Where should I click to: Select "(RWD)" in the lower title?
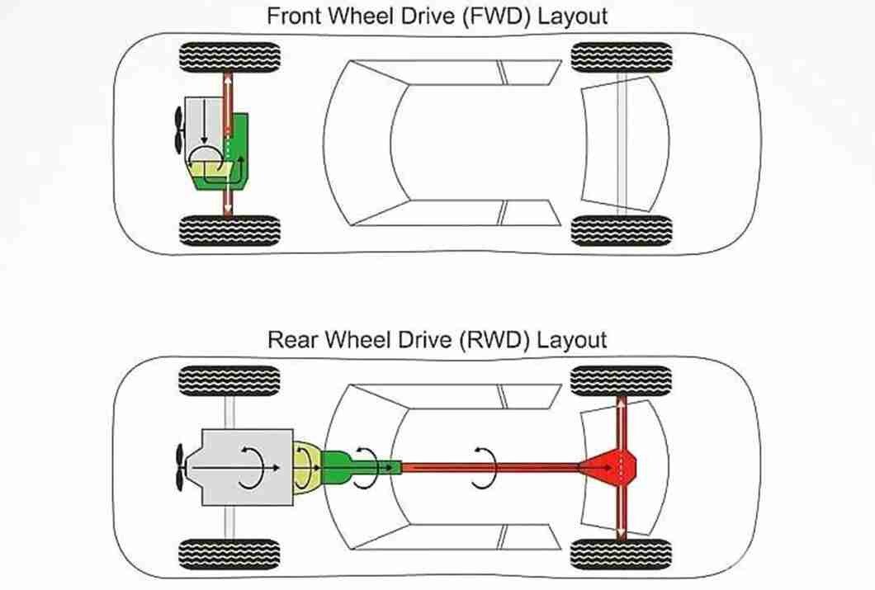point(494,338)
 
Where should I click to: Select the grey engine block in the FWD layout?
point(202,124)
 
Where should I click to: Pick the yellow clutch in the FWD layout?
point(206,171)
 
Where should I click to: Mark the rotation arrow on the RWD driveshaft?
point(484,468)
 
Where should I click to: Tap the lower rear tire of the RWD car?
point(622,554)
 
